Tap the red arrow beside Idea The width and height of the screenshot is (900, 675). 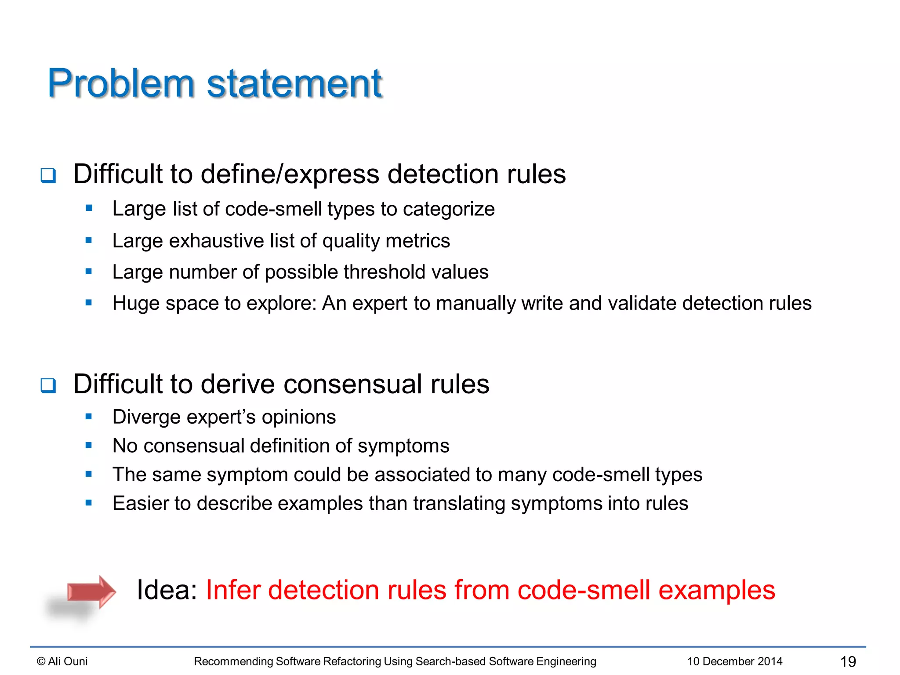[x=91, y=592]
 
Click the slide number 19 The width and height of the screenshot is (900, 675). [x=848, y=661]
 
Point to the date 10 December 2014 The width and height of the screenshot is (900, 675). [x=735, y=661]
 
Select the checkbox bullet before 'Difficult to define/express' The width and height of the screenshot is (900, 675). [x=48, y=175]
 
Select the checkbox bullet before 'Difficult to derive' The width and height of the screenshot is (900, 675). [x=48, y=385]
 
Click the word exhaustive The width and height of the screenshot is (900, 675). [x=216, y=241]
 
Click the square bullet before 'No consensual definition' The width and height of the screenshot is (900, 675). [x=89, y=446]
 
